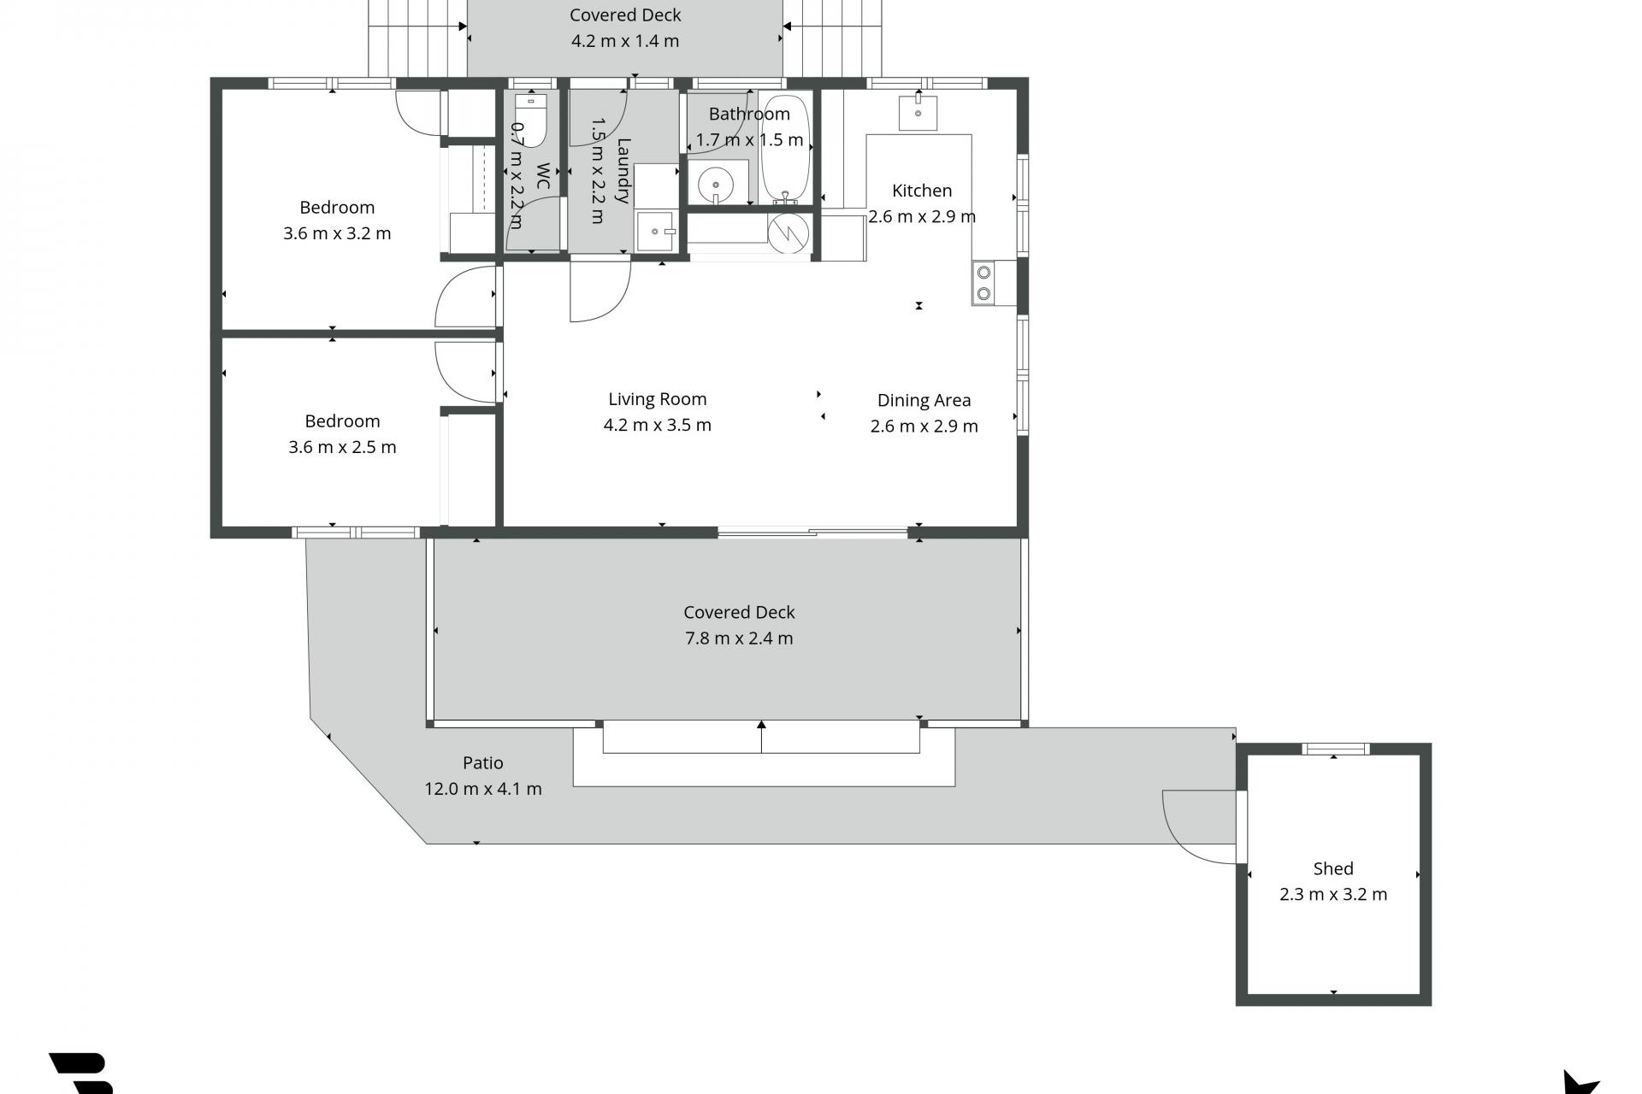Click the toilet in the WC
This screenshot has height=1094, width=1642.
(x=531, y=121)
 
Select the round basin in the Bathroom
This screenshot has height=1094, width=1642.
(x=715, y=184)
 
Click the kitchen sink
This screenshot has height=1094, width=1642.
(x=918, y=113)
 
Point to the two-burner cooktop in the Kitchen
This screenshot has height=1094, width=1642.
(x=983, y=283)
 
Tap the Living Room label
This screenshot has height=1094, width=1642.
(x=657, y=399)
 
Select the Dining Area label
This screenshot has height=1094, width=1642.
(x=924, y=400)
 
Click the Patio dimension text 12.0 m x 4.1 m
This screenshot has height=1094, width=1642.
(x=483, y=789)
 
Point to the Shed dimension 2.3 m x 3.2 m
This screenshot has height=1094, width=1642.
(x=1333, y=895)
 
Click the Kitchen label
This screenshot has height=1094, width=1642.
(x=922, y=191)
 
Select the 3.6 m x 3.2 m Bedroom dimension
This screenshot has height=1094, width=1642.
(x=337, y=233)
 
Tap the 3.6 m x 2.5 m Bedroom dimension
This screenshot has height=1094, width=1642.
(x=342, y=447)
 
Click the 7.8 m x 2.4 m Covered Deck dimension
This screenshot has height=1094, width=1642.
(x=739, y=638)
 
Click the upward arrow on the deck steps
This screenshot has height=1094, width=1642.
(x=761, y=737)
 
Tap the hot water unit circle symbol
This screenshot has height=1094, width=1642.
(x=789, y=232)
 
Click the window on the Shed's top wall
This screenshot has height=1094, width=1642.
(x=1336, y=749)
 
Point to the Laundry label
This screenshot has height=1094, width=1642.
(x=623, y=171)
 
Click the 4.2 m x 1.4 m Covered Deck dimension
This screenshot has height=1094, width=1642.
(x=625, y=41)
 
